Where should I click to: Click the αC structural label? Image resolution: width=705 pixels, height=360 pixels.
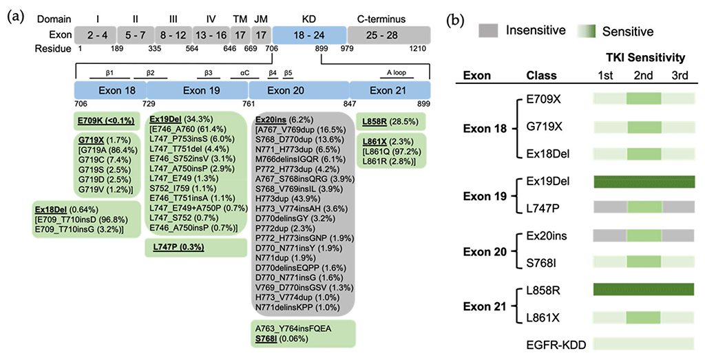point(243,71)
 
